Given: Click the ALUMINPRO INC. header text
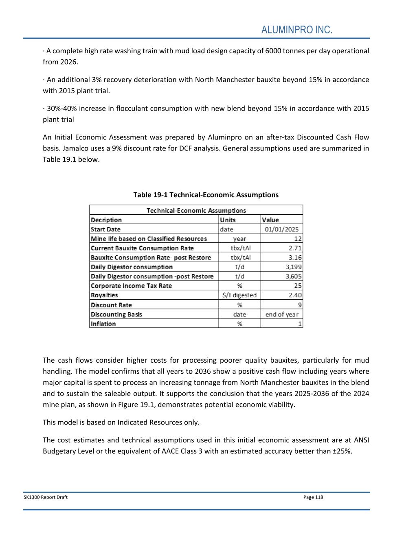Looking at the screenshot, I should click(296, 30).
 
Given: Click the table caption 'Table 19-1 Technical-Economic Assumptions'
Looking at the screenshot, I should click(206, 195).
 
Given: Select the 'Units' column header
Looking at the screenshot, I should click(228, 220).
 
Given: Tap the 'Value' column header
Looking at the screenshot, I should click(270, 220).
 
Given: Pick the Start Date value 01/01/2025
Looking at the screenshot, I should click(281, 229).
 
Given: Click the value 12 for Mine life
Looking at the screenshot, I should click(298, 239).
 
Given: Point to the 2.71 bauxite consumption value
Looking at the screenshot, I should click(295, 248).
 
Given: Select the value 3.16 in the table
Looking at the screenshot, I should click(295, 257).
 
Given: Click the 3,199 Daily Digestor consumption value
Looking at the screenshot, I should click(293, 267).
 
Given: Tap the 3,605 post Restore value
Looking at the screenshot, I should click(293, 276).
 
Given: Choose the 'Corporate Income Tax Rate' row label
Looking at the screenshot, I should click(131, 286).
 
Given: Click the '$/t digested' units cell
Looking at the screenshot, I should click(239, 295).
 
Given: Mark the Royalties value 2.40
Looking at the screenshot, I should click(295, 295).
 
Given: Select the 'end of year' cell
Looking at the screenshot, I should click(281, 314).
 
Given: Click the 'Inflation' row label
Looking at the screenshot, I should click(103, 324).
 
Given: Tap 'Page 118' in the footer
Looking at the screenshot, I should click(313, 497).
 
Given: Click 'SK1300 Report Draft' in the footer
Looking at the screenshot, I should click(46, 497).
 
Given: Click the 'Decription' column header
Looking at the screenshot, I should click(106, 220).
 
